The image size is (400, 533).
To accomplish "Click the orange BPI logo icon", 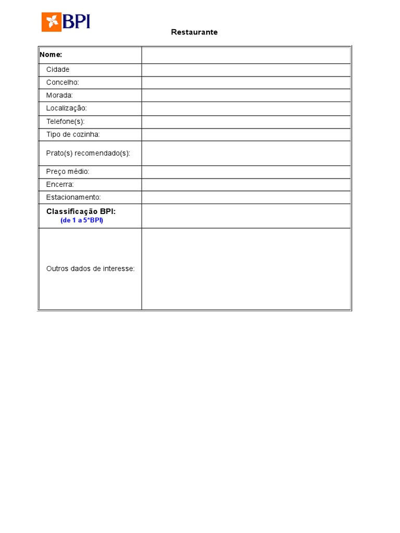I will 52,22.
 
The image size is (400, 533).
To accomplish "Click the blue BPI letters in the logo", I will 77,21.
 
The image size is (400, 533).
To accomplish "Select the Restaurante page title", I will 194,32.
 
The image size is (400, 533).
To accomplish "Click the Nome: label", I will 51,55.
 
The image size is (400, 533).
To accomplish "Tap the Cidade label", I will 58,70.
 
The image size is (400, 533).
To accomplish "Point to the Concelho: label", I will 63,83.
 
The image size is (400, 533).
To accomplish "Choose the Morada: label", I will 59,95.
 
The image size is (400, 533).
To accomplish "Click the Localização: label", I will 67,108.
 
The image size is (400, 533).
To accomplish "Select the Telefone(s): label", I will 65,121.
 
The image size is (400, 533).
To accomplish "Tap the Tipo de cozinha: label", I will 73,134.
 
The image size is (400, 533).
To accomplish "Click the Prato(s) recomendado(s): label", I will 88,153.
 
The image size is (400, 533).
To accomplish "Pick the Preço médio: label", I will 68,171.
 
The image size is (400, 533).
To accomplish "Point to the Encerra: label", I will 60,184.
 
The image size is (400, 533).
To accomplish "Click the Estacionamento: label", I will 73,197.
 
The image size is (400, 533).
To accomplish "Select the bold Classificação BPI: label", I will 81,211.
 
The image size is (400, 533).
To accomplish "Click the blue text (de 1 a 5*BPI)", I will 82,220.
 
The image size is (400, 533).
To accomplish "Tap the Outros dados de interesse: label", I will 91,269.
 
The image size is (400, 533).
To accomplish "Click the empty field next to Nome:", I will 246,55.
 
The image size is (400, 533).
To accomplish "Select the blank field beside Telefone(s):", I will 246,121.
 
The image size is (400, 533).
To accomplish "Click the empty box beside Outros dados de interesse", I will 246,269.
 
